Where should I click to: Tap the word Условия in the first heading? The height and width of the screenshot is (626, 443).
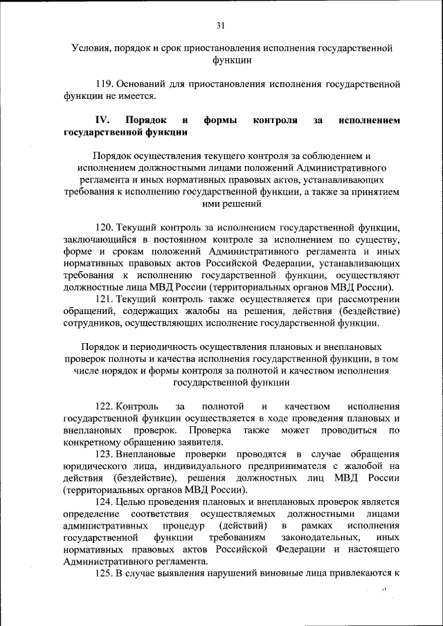93,49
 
